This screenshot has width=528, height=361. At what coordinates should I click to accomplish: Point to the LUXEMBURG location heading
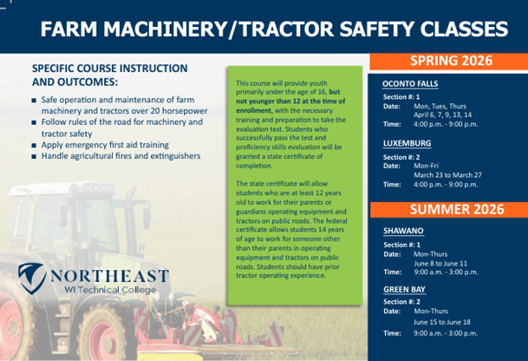click(x=407, y=143)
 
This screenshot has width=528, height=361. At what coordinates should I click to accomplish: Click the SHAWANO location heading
click(x=403, y=232)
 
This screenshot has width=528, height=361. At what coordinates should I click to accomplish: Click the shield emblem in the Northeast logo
click(x=33, y=279)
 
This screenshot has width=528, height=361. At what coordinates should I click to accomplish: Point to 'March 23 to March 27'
click(x=447, y=174)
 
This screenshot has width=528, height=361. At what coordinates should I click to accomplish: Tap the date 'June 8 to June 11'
click(x=441, y=262)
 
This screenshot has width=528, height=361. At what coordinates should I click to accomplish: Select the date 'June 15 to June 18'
click(x=443, y=321)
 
